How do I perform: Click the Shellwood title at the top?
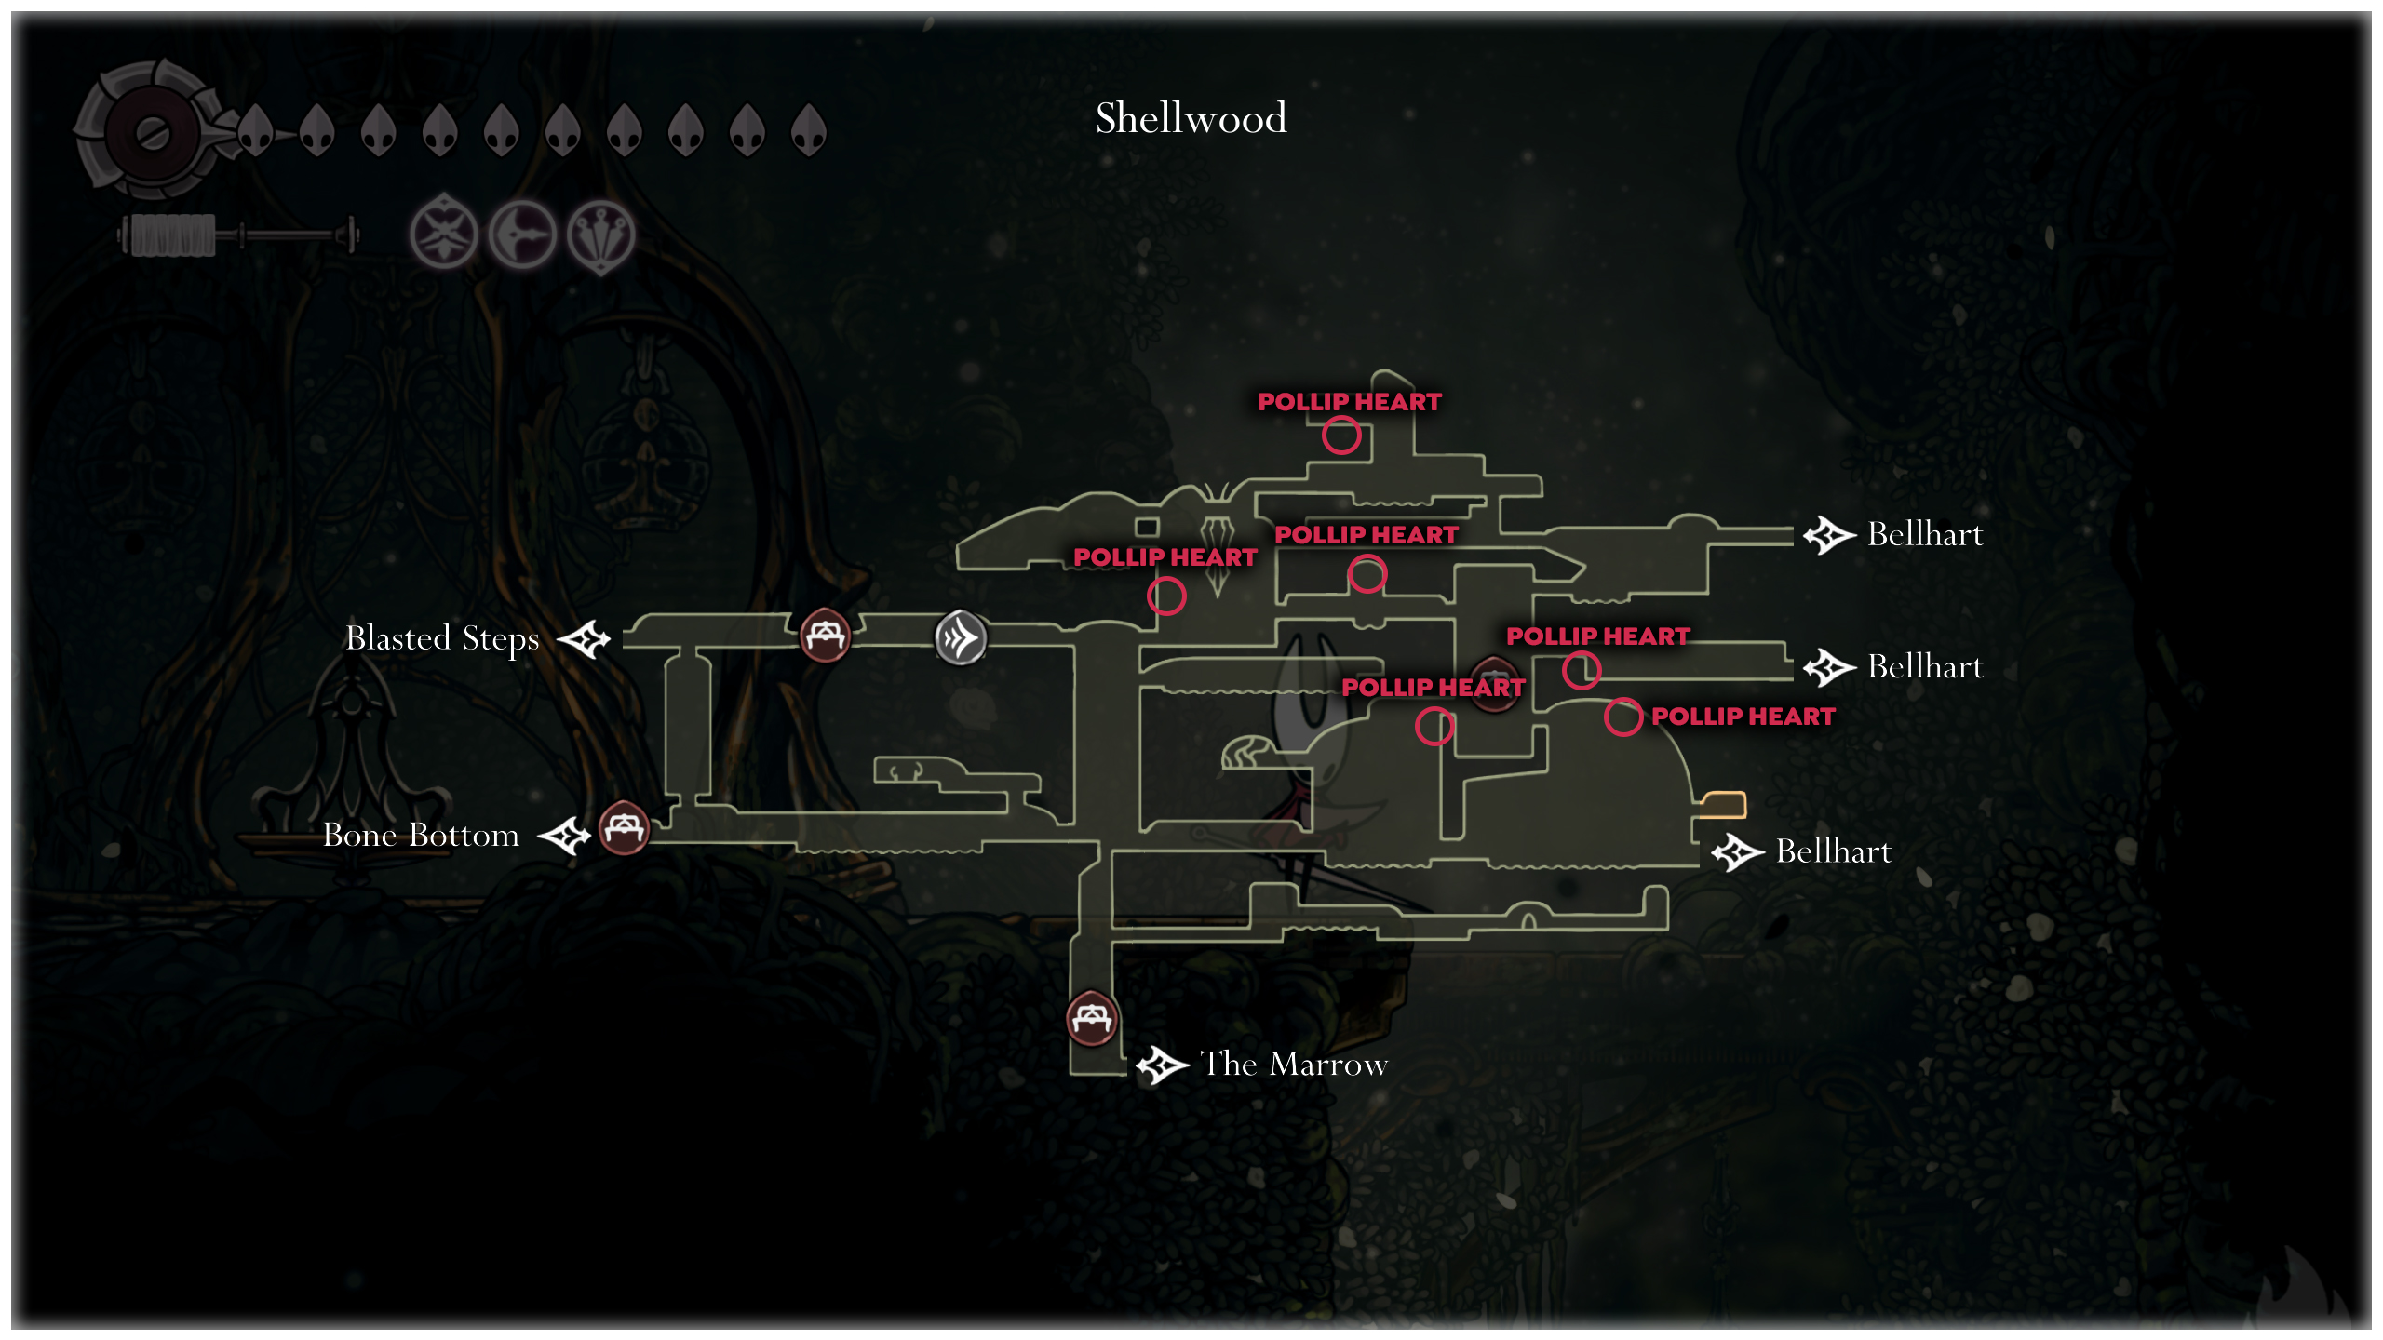(x=1191, y=118)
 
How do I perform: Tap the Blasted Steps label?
(x=442, y=638)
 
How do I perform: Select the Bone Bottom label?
(x=421, y=835)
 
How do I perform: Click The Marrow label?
(x=1294, y=1064)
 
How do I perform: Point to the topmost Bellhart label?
(x=1925, y=534)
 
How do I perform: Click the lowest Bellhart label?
(x=1833, y=851)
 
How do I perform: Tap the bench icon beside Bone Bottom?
(x=624, y=827)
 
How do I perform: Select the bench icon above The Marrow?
(x=1091, y=1019)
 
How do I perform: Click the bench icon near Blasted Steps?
(x=825, y=635)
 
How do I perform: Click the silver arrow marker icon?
(x=961, y=638)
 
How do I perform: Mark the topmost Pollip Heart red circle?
(x=1341, y=435)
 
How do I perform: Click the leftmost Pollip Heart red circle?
(x=1166, y=596)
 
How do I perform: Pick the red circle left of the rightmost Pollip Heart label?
(x=1622, y=717)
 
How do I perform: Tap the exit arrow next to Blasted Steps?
(x=584, y=639)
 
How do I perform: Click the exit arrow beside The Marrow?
(x=1162, y=1065)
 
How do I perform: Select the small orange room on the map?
(x=1723, y=803)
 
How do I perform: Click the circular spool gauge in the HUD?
(x=152, y=133)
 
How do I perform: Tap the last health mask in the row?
(x=808, y=130)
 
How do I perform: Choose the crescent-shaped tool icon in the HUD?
(x=522, y=234)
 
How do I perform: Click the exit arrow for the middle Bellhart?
(x=1829, y=667)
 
